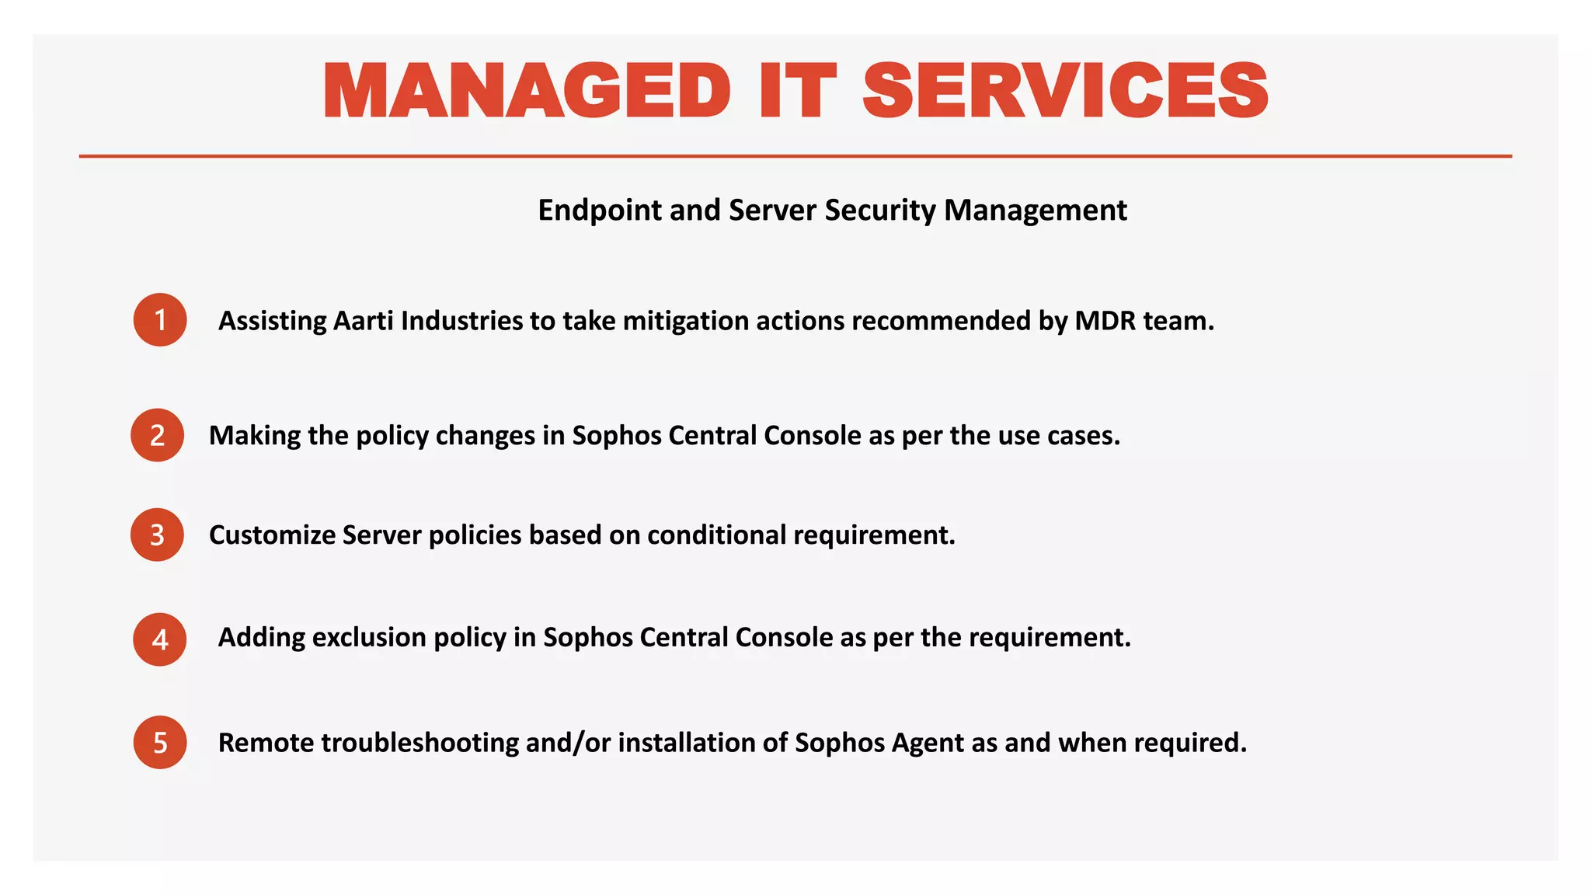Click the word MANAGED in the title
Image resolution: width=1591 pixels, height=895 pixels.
coord(527,92)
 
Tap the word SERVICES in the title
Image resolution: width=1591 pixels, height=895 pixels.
coord(1065,92)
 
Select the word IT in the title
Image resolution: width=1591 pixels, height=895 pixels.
coord(797,92)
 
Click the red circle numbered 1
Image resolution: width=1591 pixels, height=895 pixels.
coord(160,320)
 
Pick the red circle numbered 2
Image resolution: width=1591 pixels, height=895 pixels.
coord(158,435)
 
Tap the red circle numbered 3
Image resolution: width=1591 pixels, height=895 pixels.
coord(158,535)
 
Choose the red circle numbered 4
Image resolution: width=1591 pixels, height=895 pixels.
coord(160,639)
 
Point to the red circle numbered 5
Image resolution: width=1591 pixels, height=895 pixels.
coord(160,743)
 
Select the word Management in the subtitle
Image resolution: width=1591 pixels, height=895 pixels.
coord(1036,211)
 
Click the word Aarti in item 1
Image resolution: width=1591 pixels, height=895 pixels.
coord(364,321)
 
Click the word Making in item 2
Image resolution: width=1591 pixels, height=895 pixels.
coord(255,436)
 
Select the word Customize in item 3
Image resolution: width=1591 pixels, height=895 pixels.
coord(272,535)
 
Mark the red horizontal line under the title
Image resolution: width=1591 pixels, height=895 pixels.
coord(795,156)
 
